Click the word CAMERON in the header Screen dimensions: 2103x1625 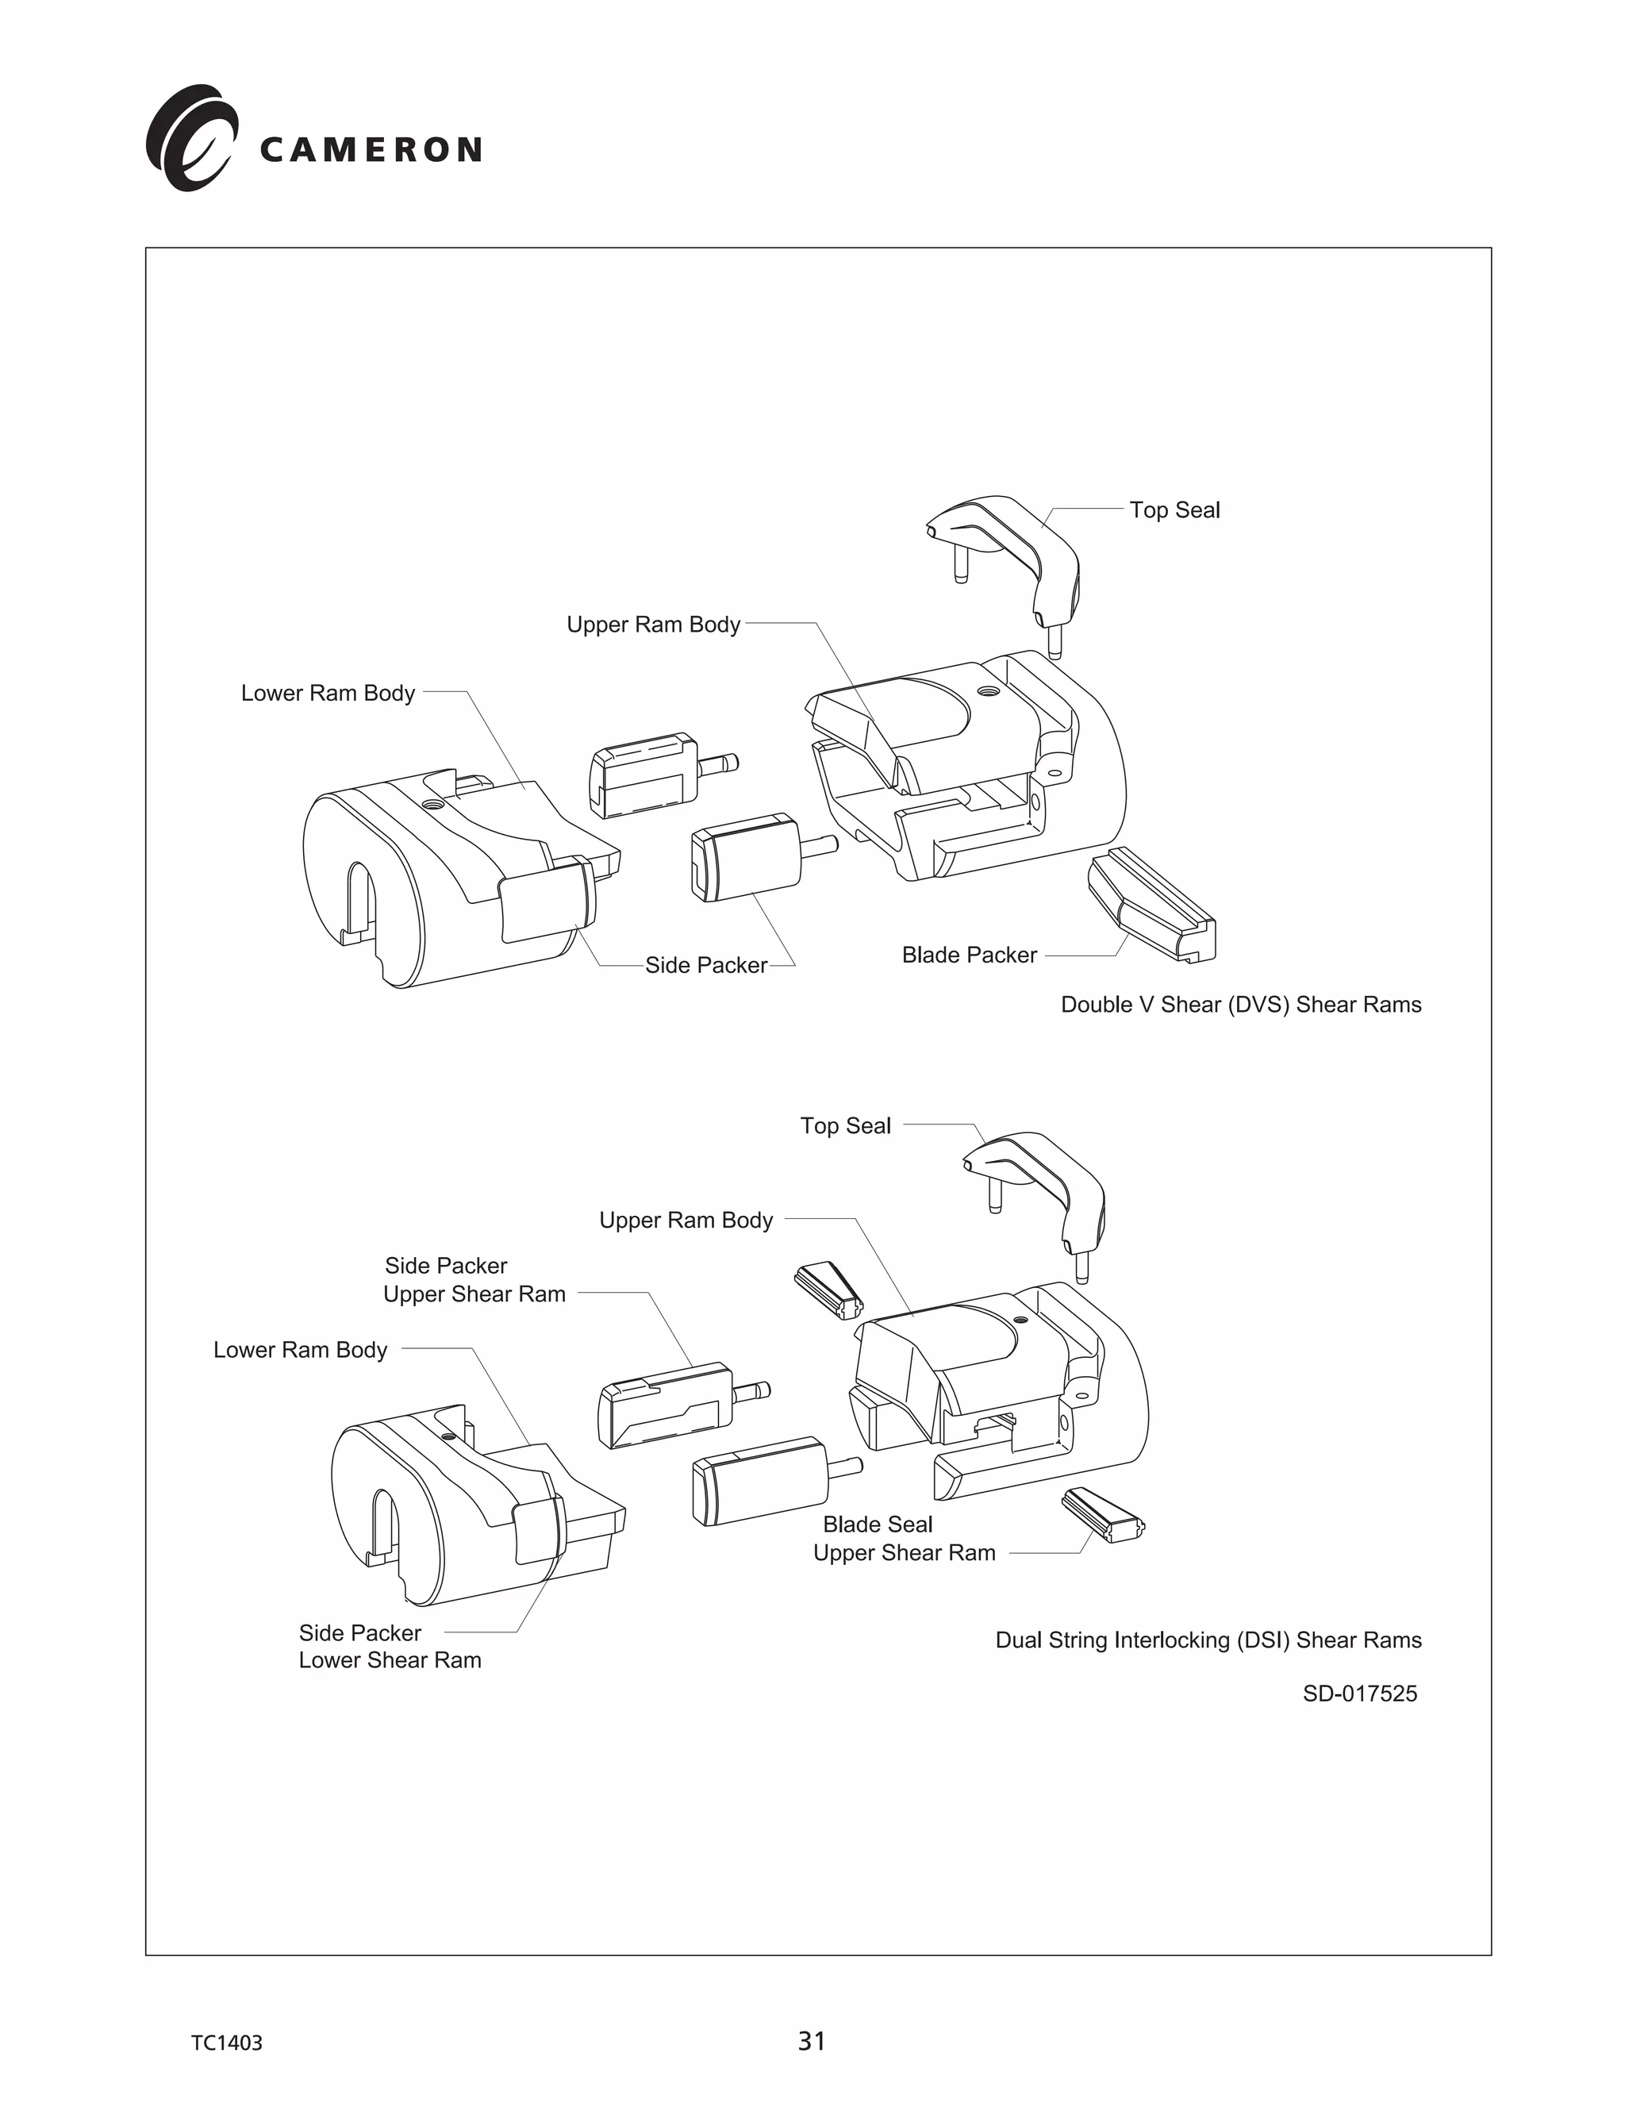pos(371,150)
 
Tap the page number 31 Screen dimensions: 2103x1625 pos(812,2040)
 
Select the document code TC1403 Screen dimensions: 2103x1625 pos(226,2043)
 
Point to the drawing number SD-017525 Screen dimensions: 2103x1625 pos(1359,1694)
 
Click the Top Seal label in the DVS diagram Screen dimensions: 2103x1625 pos(1174,510)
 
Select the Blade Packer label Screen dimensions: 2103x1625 pos(969,955)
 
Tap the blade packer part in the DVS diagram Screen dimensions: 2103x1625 pos(1151,905)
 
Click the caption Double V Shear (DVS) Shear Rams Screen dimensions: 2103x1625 pos(1240,1005)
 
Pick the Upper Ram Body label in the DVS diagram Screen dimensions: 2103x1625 pos(653,625)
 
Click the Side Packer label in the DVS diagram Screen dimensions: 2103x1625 pos(705,966)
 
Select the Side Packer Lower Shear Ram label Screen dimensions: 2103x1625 pos(389,1647)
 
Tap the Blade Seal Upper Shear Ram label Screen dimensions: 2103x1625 pos(903,1539)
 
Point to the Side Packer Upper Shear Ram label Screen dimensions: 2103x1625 pos(474,1280)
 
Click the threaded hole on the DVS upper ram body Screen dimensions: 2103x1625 pos(987,691)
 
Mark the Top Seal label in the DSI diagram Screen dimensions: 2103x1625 pos(845,1125)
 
